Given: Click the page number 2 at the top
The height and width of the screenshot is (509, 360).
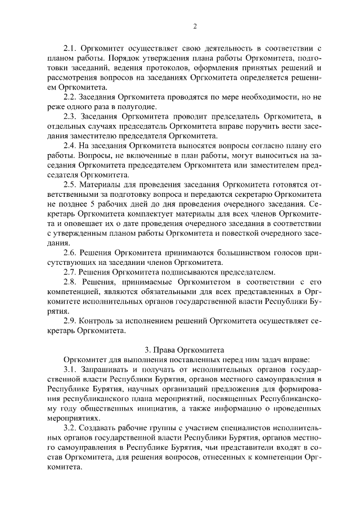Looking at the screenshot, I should pos(194,26).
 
